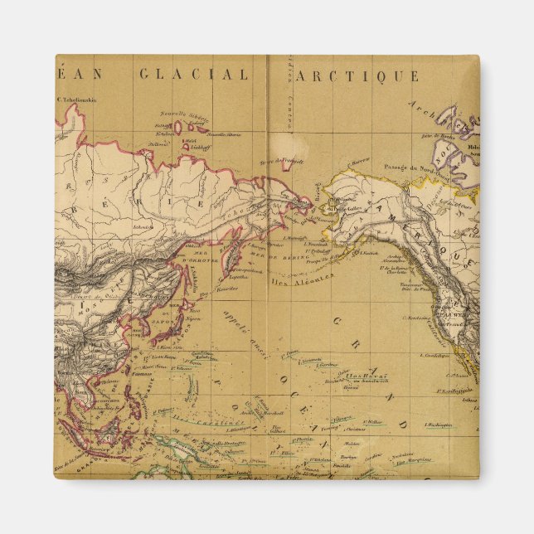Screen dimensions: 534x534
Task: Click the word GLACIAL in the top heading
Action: coord(193,75)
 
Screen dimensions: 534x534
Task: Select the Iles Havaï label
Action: coord(363,374)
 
